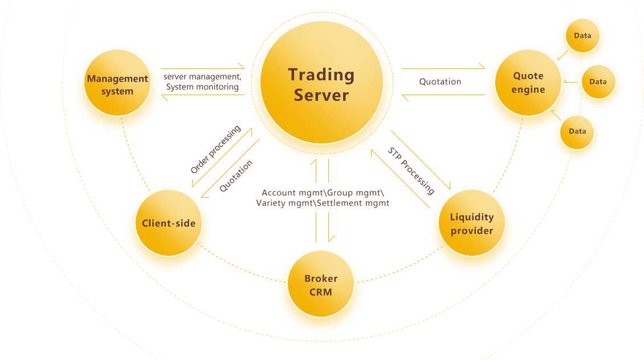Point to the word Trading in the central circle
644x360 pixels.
click(x=321, y=75)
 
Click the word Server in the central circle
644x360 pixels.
click(x=321, y=95)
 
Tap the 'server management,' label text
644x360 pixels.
click(x=202, y=76)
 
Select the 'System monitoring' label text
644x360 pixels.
click(x=202, y=87)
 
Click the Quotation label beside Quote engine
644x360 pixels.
click(x=440, y=81)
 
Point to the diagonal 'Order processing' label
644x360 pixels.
click(x=215, y=149)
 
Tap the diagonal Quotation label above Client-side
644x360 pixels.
click(x=236, y=176)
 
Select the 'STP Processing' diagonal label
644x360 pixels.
click(x=411, y=171)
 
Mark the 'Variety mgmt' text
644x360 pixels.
click(x=285, y=203)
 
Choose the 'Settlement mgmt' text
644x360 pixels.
click(x=353, y=203)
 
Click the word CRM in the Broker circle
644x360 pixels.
click(x=321, y=292)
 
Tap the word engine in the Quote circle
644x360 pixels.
click(x=528, y=89)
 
